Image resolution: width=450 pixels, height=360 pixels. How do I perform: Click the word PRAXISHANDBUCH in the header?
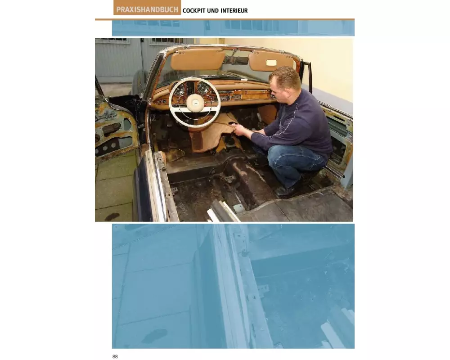[147, 9]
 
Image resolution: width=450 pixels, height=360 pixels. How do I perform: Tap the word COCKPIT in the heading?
[194, 10]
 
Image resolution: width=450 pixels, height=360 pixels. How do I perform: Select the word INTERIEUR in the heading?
[234, 10]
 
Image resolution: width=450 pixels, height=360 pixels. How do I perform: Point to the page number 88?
[115, 356]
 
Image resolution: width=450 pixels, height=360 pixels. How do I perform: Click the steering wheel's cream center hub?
[195, 103]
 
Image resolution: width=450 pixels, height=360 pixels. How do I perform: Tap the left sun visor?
[198, 60]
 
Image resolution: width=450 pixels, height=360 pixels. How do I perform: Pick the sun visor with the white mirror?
[271, 61]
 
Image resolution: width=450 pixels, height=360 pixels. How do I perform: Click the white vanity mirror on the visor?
[271, 63]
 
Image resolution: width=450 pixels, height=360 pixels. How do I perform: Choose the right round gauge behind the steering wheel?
[203, 88]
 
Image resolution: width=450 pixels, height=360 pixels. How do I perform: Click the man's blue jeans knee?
[279, 155]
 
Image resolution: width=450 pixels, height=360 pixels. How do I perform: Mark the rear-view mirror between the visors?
[235, 60]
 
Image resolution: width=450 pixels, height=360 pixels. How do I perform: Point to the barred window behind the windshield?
[166, 41]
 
